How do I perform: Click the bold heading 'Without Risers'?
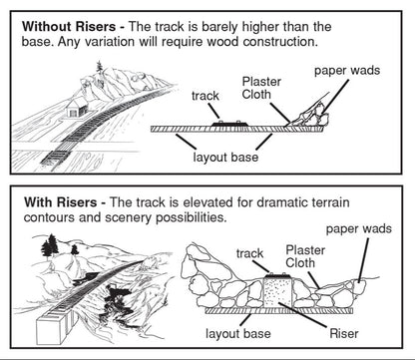pyautogui.click(x=71, y=22)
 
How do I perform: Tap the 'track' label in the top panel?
pyautogui.click(x=207, y=96)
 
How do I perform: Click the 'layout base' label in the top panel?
pyautogui.click(x=229, y=157)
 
